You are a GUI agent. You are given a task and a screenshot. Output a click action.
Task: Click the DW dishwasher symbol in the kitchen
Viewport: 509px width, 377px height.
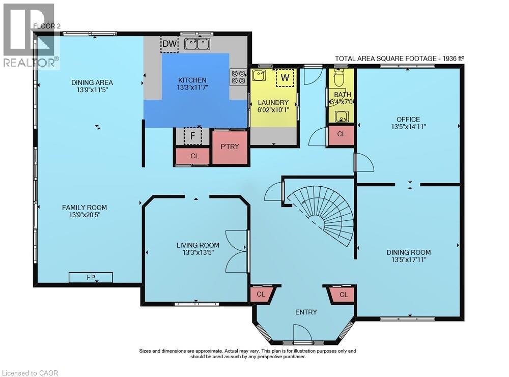pyautogui.click(x=169, y=44)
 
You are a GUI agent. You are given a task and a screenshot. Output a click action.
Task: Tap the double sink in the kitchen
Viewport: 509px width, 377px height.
pyautogui.click(x=197, y=44)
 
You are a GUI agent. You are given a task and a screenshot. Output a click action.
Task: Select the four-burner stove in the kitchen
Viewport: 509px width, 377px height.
pyautogui.click(x=238, y=77)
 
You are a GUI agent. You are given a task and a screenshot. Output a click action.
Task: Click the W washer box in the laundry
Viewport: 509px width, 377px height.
pyautogui.click(x=285, y=77)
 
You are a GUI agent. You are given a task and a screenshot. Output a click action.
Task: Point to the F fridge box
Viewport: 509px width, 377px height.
pyautogui.click(x=192, y=136)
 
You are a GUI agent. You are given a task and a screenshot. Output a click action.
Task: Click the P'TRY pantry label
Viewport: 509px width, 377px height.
pyautogui.click(x=230, y=147)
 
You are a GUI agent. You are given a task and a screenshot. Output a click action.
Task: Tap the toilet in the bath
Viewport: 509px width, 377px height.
pyautogui.click(x=340, y=77)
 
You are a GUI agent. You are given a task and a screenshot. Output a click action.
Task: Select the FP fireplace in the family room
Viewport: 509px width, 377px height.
pyautogui.click(x=91, y=277)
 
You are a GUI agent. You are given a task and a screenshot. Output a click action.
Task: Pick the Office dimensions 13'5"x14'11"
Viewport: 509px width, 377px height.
pyautogui.click(x=408, y=127)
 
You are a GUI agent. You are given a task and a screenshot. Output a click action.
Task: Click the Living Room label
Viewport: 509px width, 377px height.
pyautogui.click(x=197, y=245)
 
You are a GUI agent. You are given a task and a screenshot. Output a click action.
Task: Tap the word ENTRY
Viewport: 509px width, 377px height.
pyautogui.click(x=306, y=312)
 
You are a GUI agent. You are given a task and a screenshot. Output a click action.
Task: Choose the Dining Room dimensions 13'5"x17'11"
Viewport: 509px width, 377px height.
pyautogui.click(x=408, y=259)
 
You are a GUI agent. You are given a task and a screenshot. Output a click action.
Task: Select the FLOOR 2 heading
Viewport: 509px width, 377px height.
pyautogui.click(x=47, y=26)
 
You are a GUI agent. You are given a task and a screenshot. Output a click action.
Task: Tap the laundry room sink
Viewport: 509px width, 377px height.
pyautogui.click(x=259, y=76)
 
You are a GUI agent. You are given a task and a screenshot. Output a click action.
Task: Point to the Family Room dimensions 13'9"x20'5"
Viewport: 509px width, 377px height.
pyautogui.click(x=84, y=215)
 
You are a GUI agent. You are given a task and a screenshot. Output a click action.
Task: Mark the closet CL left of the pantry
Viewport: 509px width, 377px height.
pyautogui.click(x=194, y=156)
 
